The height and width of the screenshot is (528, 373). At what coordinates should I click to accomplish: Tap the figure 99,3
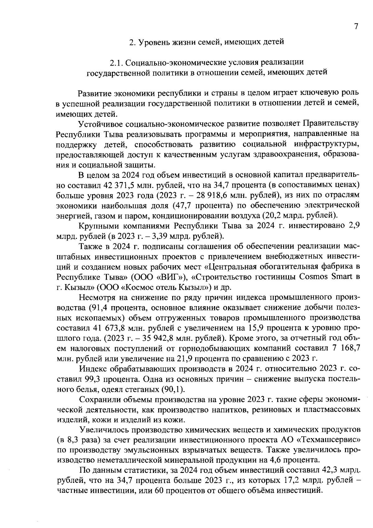coord(92,379)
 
